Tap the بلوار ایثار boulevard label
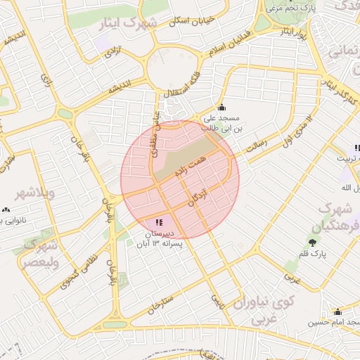[x=290, y=33]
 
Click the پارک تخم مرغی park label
[x=289, y=8]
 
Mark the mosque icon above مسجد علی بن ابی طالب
[x=222, y=107]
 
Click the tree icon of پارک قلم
[x=311, y=243]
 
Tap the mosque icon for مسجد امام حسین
[x=337, y=311]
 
